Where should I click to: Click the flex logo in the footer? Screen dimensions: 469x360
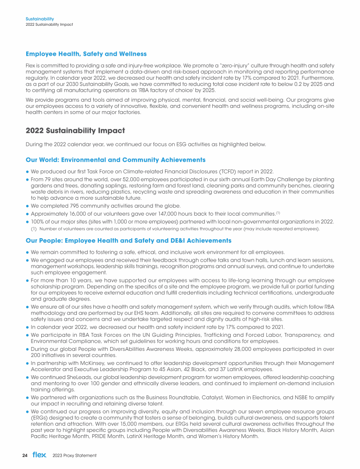[39, 455]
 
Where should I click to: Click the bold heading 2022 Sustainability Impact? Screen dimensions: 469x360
[75, 130]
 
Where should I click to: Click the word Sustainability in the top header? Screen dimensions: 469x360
[37, 19]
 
